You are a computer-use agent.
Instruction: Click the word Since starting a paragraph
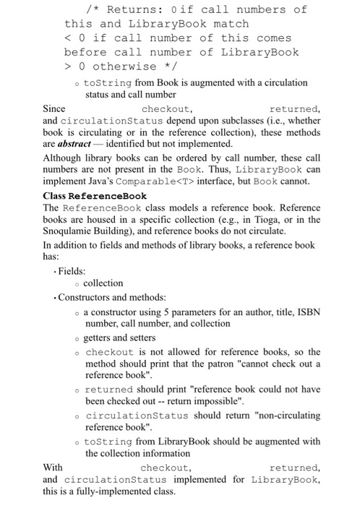(55, 108)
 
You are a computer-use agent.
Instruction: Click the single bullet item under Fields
(103, 283)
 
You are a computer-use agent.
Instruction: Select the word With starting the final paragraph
(53, 468)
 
